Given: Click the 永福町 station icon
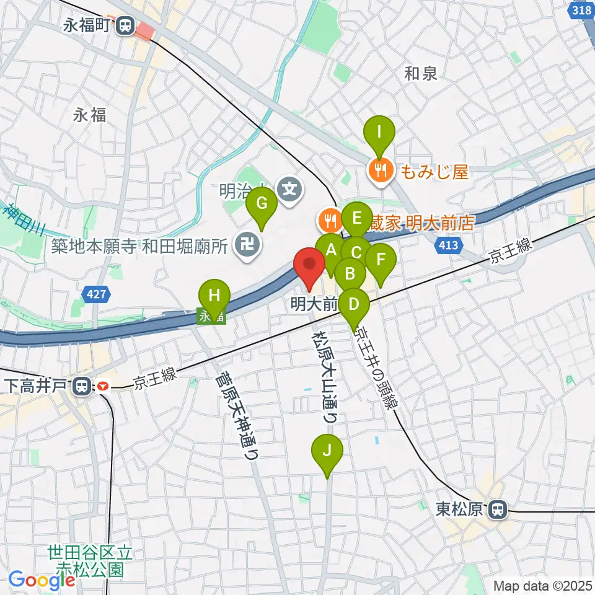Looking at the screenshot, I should tap(126, 25).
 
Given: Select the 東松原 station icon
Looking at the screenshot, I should tap(496, 509).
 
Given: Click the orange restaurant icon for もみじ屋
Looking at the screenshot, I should tap(379, 169).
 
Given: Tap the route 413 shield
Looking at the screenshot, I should tap(448, 245).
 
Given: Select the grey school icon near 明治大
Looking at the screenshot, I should tap(289, 186).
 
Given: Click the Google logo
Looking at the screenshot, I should tap(42, 580).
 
